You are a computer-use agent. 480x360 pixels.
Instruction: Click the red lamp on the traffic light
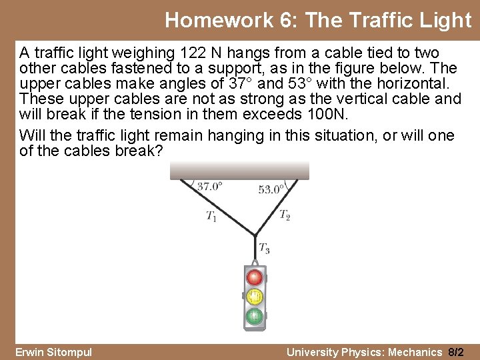coord(254,277)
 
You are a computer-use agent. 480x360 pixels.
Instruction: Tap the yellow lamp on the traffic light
coord(254,296)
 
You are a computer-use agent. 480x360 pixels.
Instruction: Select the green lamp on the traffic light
coord(254,315)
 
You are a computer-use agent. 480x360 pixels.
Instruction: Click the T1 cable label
coord(211,215)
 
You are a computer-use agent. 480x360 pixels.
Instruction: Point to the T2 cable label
coord(285,215)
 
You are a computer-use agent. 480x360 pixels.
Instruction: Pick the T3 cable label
coord(264,249)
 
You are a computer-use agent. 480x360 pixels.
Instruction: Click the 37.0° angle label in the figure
coord(209,187)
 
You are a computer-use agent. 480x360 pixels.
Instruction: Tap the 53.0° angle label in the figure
coord(271,189)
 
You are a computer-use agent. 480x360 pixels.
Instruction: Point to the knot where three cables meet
coord(254,234)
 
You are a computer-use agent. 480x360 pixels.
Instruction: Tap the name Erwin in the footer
coord(31,352)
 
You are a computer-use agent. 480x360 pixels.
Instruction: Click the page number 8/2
coord(457,352)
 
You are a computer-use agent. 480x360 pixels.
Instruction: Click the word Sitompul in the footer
coord(70,352)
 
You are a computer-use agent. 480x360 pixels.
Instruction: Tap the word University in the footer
coord(312,352)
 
